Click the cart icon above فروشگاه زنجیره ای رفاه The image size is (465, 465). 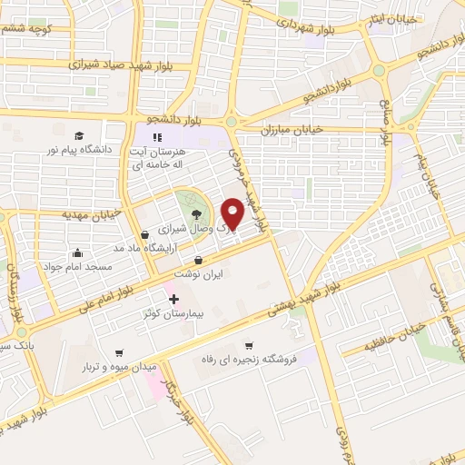pyautogui.click(x=249, y=345)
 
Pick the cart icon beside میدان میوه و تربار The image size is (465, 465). pyautogui.click(x=118, y=353)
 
